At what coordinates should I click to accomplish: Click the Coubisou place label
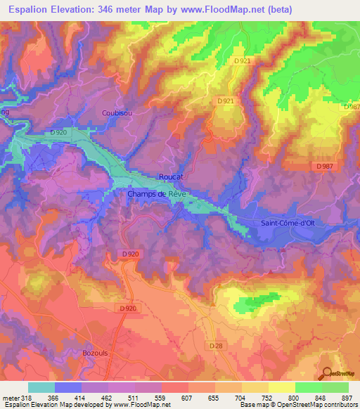116,112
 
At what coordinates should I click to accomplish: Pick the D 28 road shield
216,346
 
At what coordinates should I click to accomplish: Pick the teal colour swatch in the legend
41,387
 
